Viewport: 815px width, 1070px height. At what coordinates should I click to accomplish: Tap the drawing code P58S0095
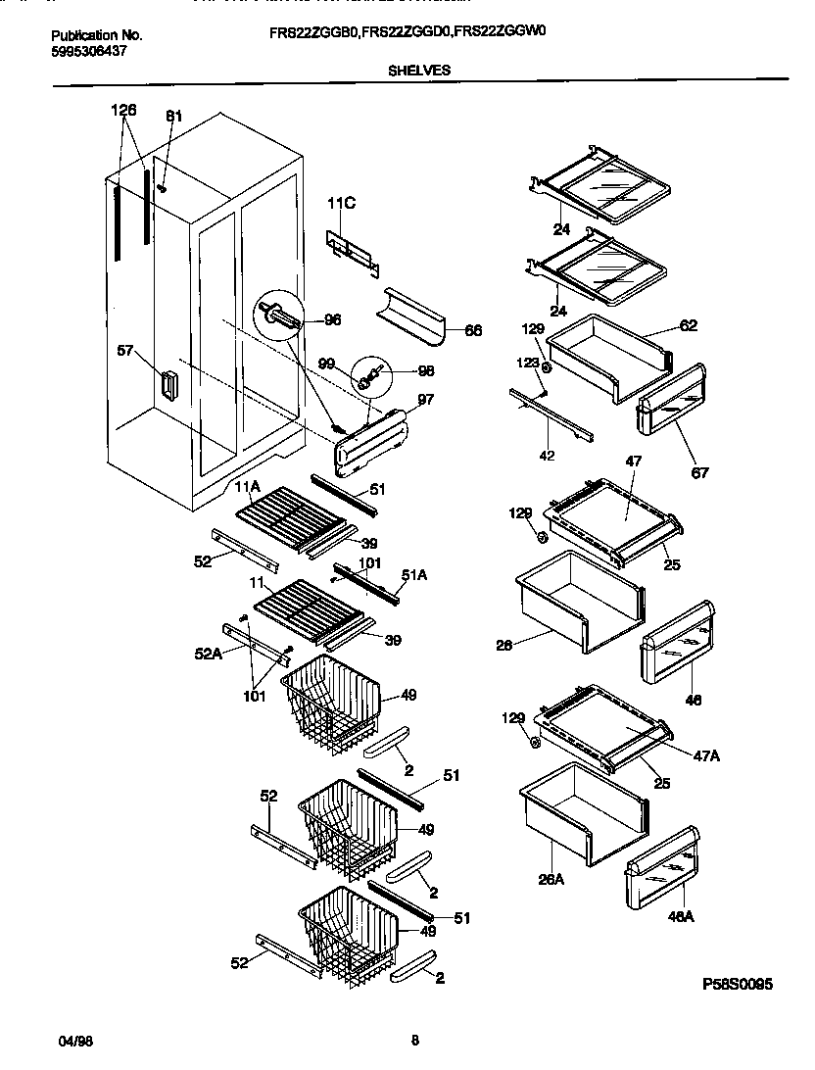click(x=737, y=984)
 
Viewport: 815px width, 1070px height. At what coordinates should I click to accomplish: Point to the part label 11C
click(x=340, y=204)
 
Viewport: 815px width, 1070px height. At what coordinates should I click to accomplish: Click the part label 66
click(x=472, y=331)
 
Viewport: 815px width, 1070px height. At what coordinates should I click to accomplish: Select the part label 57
click(x=125, y=350)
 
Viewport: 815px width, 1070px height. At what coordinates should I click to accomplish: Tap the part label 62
click(x=688, y=325)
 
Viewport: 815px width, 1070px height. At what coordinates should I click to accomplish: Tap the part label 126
click(x=123, y=110)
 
